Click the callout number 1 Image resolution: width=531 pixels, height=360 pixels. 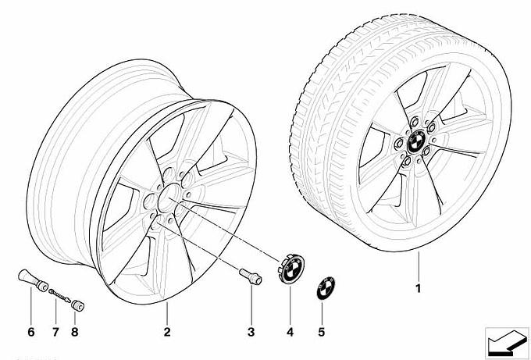coord(419,288)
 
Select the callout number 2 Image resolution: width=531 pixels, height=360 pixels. coord(167,332)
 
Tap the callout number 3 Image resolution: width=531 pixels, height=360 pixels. coord(251,332)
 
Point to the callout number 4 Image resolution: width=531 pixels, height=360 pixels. coord(290,332)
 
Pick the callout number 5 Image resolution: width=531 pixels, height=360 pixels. coord(322,332)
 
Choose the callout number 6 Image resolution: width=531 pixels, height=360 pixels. coord(30,332)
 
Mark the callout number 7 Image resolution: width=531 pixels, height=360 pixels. coord(55,332)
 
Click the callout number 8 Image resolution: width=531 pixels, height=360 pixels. coord(75,332)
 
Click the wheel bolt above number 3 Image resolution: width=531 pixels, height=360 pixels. coord(251,276)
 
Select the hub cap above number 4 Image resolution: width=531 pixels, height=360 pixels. coord(291,269)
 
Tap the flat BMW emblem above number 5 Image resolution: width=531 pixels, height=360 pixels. coord(326,288)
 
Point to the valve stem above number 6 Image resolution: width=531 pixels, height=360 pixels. coord(33,280)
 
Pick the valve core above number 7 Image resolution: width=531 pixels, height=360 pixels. coord(59,295)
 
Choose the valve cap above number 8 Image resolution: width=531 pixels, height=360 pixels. coord(77,305)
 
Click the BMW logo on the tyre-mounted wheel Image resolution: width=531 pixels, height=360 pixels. coord(416,141)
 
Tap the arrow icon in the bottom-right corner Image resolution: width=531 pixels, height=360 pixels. coord(507,343)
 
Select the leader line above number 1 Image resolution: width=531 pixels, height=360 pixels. coord(419,266)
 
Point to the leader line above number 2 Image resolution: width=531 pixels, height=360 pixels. coord(167,314)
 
